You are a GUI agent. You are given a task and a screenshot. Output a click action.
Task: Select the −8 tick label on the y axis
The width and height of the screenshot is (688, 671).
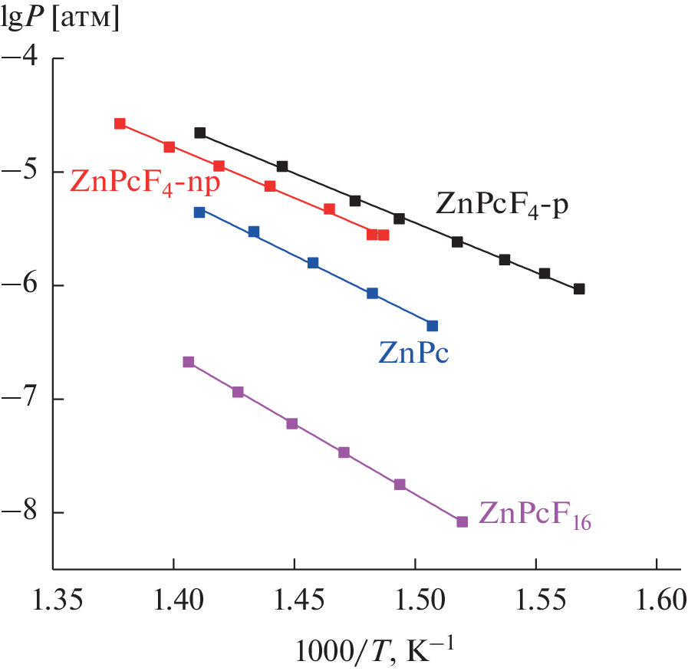click(24, 513)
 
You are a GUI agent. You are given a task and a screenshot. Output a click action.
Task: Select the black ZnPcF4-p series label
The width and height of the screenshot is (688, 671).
click(502, 205)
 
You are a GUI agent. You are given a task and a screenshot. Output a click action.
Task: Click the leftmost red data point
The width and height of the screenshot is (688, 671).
click(120, 123)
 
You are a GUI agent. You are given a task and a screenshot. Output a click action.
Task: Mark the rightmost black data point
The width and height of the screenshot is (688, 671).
click(579, 289)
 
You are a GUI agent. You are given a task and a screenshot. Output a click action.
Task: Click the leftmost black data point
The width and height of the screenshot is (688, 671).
click(200, 133)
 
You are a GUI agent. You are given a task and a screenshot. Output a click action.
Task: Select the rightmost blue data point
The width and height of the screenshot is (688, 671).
click(433, 326)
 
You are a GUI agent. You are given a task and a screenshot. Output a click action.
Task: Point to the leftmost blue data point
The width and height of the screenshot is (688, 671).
click(199, 212)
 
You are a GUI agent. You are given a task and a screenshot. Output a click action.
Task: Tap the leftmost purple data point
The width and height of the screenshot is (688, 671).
click(189, 362)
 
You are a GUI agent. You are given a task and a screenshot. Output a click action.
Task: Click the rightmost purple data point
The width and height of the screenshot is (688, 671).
click(462, 521)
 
